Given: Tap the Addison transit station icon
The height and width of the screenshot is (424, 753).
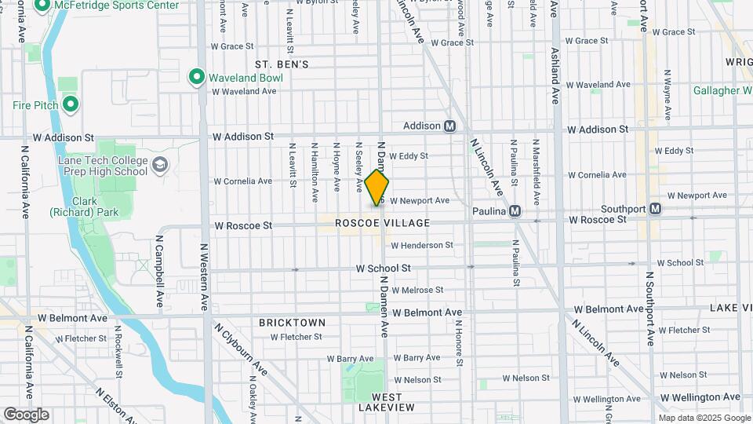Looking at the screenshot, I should [x=450, y=126].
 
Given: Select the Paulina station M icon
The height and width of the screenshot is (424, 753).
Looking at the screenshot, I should [x=515, y=210].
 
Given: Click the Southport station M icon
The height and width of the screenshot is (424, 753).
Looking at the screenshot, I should [x=655, y=209].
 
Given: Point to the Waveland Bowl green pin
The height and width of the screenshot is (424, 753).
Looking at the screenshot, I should [x=196, y=77].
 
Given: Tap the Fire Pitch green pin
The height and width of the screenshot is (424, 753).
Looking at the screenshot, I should [x=71, y=104].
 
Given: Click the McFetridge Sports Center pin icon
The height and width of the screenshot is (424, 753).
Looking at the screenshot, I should [x=42, y=5].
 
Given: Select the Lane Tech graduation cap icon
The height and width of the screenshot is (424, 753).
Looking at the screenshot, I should [x=160, y=164].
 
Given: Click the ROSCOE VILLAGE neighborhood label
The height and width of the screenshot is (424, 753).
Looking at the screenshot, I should [x=382, y=223].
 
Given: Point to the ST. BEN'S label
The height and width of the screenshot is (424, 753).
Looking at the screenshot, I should [x=282, y=64].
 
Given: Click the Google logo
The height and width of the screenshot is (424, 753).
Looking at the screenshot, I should [x=26, y=415].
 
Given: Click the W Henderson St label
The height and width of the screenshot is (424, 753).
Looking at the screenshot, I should [x=421, y=245].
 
